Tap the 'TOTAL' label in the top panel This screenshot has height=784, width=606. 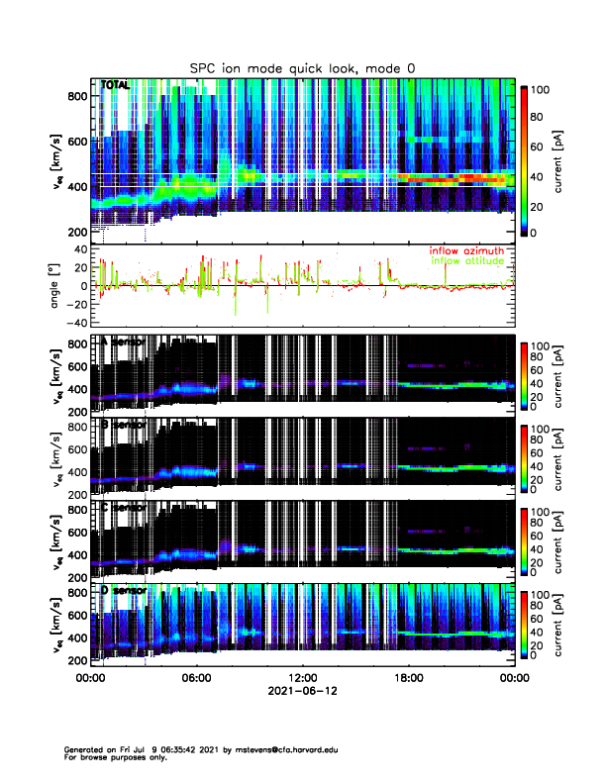click(x=116, y=86)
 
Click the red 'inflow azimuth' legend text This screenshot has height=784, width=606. click(x=471, y=250)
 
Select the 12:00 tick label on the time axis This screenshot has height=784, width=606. click(x=302, y=679)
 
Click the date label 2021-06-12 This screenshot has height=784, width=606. click(x=302, y=692)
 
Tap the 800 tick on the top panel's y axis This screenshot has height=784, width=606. click(x=75, y=96)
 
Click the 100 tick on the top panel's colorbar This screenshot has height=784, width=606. click(x=541, y=89)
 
